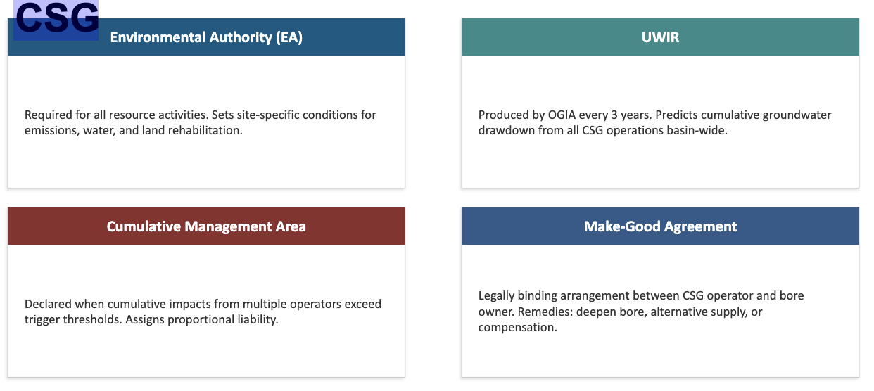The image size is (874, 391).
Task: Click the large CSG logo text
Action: (x=56, y=18)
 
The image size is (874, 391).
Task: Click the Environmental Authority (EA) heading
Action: (x=206, y=37)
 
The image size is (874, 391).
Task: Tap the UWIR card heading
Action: (x=660, y=37)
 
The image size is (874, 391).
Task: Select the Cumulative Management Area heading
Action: (x=206, y=226)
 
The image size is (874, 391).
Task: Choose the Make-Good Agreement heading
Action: (x=660, y=226)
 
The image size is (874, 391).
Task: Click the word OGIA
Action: (x=562, y=115)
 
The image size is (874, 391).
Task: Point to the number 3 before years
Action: (x=614, y=115)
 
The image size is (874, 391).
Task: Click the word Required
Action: (x=49, y=115)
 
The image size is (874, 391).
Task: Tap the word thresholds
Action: (x=92, y=320)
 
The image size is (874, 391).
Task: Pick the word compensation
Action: (x=518, y=328)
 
